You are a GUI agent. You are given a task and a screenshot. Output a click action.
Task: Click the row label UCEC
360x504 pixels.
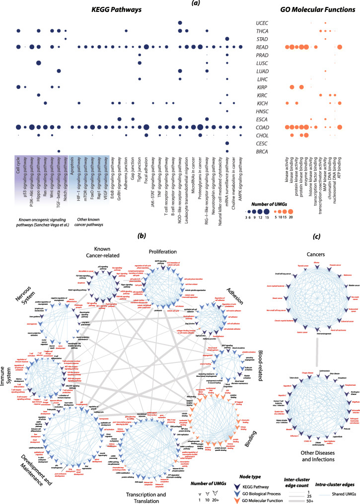coord(262,23)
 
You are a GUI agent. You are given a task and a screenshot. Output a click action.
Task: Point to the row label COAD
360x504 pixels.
coord(262,127)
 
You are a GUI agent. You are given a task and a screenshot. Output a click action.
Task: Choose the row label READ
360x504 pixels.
coord(262,47)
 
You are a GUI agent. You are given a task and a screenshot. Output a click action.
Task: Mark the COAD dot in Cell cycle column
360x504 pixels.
coord(17,127)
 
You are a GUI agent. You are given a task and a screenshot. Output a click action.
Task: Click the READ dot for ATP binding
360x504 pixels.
coord(340,47)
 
